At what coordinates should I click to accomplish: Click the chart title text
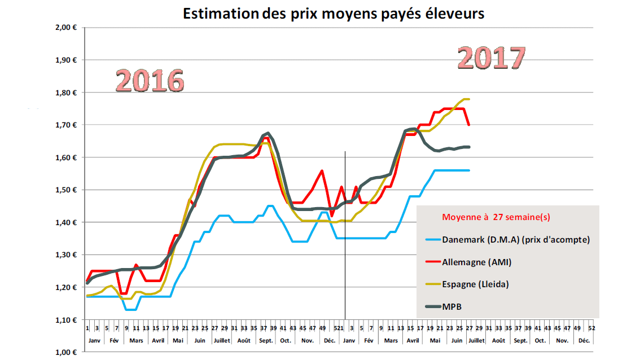(x=334, y=14)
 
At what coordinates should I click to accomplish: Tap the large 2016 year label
(x=150, y=81)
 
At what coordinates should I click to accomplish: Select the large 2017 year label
(x=491, y=57)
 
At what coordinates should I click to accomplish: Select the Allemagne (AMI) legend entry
(x=477, y=262)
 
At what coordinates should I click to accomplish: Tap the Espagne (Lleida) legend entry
(x=475, y=284)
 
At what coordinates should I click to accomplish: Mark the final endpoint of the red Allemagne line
(x=469, y=125)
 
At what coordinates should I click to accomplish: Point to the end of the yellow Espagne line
(x=469, y=99)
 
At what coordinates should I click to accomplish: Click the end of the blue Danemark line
(x=469, y=170)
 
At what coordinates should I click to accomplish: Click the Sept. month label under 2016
(x=265, y=341)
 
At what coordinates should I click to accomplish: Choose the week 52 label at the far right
(x=591, y=328)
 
